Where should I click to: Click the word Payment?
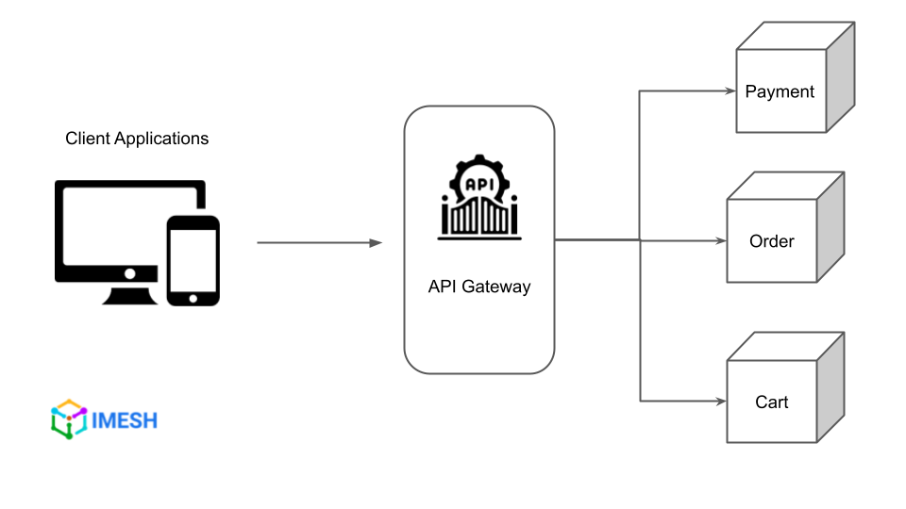780,91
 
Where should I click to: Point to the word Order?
771,241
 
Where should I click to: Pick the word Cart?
771,402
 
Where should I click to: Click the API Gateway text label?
478,287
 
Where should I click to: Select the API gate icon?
479,200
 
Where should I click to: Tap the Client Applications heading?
137,139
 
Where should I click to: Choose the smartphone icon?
193,260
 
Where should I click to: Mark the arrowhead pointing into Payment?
730,91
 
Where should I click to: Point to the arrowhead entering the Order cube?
721,240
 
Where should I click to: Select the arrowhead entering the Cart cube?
721,402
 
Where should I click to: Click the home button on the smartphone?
193,298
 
